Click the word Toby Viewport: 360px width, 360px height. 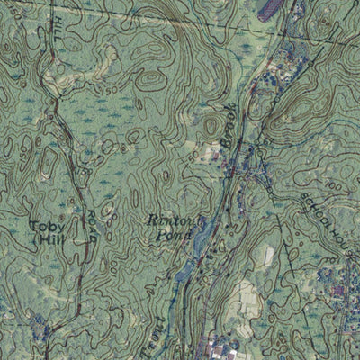click(x=43, y=227)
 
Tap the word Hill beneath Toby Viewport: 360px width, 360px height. click(x=43, y=240)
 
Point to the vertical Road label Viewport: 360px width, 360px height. click(x=92, y=230)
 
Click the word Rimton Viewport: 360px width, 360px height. click(x=168, y=219)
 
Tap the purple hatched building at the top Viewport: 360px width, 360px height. click(x=269, y=11)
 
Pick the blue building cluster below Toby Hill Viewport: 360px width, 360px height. click(x=40, y=328)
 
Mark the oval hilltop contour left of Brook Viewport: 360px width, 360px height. click(x=211, y=125)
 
